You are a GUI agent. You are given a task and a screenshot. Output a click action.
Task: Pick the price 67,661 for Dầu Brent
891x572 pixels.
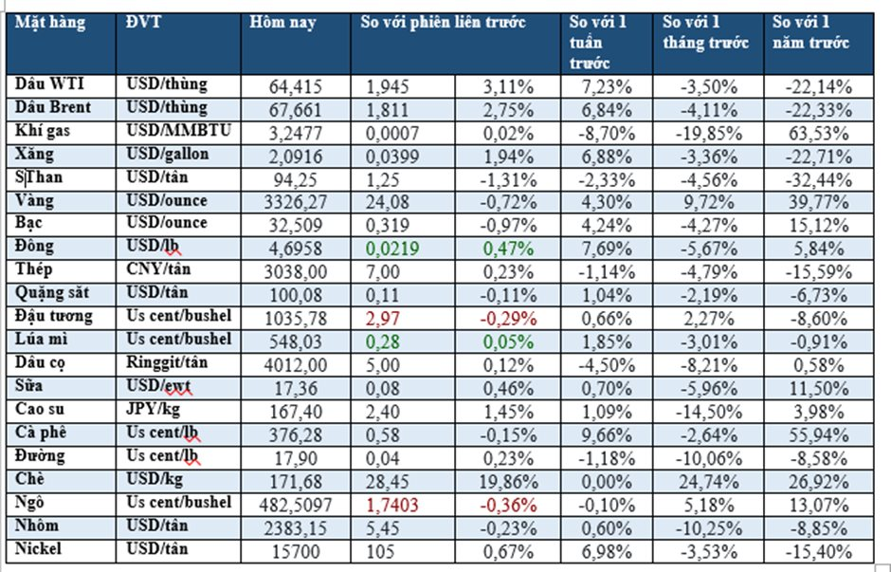[x=297, y=109]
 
